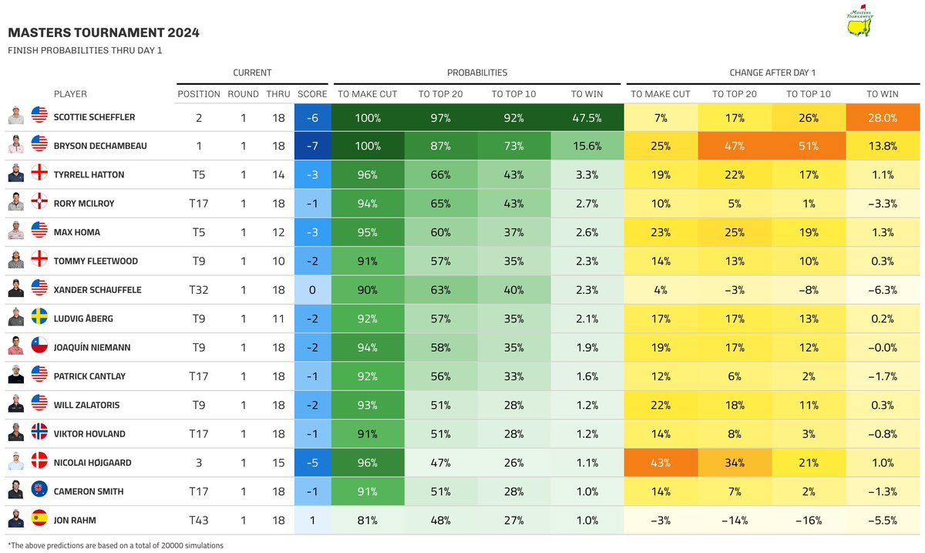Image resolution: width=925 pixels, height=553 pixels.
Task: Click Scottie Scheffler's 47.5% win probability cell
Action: coord(587,117)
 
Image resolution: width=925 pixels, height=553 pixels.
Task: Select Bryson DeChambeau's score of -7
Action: coord(311,146)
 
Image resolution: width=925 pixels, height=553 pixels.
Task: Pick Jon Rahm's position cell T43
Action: coord(199,520)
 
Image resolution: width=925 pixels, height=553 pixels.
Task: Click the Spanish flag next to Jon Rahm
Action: coord(39,520)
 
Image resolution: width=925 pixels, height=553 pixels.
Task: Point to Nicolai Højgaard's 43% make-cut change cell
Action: coord(660,463)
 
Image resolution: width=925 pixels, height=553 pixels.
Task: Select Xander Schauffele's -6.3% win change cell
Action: coord(882,290)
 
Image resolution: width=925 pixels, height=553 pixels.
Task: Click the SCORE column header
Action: coord(311,94)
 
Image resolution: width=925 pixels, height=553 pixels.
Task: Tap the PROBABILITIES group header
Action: coord(477,72)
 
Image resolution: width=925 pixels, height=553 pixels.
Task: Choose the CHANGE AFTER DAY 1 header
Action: coord(772,72)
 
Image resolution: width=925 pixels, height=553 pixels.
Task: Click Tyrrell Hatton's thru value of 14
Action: coord(278,175)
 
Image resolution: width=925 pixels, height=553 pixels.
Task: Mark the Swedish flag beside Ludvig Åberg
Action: coord(39,319)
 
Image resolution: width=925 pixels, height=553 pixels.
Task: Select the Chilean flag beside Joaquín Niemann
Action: coord(39,347)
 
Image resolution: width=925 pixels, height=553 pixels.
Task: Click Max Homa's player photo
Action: coord(16,232)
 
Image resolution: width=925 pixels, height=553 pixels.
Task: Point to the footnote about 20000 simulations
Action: coord(116,545)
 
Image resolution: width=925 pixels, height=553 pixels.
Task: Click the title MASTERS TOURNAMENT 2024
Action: coord(103,32)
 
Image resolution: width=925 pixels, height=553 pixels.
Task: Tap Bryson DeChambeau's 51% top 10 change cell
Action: coord(809,146)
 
